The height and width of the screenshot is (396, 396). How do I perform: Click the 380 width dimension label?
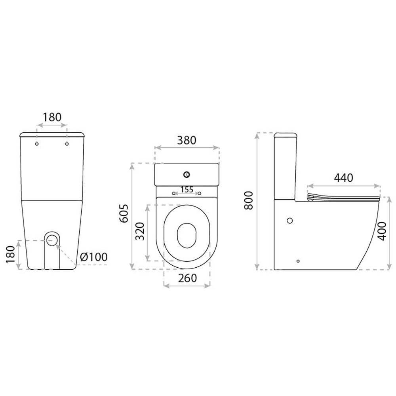(x=187, y=140)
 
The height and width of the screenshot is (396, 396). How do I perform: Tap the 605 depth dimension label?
(x=124, y=213)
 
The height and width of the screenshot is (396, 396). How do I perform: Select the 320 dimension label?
(x=140, y=232)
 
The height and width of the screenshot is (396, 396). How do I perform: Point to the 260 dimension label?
(x=187, y=278)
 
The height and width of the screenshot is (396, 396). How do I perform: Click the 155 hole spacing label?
(x=187, y=189)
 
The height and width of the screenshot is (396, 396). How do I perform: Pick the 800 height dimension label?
(x=249, y=200)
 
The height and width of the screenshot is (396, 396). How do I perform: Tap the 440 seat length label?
(x=343, y=178)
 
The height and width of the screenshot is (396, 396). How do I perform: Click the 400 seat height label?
(x=383, y=231)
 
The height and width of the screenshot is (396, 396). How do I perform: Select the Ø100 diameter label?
(x=94, y=257)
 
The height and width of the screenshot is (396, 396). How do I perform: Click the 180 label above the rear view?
(x=52, y=117)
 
